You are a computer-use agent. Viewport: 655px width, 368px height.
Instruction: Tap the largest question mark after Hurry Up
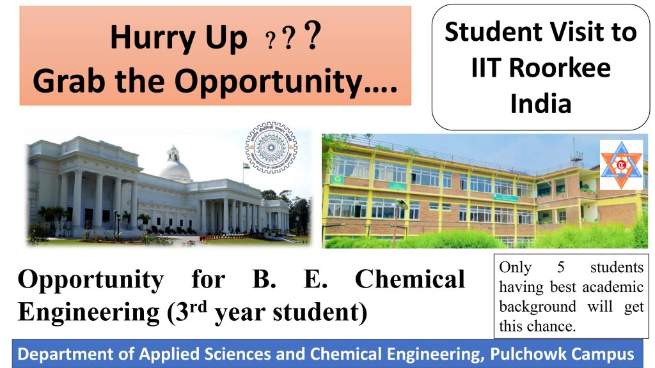point(312,38)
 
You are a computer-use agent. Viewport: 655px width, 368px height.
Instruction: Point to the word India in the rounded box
point(541,103)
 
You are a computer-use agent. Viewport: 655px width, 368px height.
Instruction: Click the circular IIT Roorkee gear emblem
point(271,148)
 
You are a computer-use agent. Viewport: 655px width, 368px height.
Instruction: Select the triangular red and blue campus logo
point(621,165)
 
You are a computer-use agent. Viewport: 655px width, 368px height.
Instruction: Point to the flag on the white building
point(246,165)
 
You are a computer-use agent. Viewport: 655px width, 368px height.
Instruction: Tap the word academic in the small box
point(612,287)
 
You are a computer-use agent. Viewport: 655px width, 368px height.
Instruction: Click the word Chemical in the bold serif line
point(409,279)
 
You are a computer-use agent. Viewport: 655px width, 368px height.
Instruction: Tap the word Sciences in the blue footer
point(203,354)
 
